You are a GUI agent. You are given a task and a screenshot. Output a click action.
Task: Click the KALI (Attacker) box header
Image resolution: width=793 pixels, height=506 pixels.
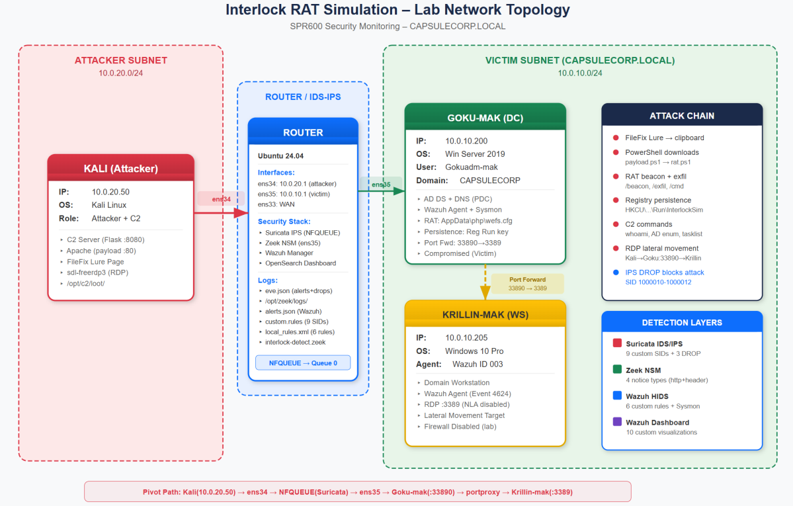(x=120, y=168)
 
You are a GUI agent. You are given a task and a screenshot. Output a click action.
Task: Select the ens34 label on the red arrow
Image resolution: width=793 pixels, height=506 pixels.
(x=220, y=198)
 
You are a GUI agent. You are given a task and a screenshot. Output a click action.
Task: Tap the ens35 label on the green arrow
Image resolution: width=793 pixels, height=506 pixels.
(x=380, y=184)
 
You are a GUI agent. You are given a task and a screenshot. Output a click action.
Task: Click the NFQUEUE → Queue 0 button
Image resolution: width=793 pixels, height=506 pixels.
(x=303, y=362)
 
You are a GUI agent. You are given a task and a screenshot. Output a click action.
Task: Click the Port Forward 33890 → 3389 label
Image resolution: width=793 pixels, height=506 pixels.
(x=527, y=284)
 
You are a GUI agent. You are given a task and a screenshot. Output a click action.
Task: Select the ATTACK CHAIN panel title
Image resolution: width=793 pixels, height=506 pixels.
(x=681, y=116)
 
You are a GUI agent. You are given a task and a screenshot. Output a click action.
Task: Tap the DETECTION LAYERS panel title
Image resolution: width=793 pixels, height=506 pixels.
(x=681, y=323)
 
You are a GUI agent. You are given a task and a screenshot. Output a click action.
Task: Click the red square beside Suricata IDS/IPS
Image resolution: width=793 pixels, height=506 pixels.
(x=617, y=343)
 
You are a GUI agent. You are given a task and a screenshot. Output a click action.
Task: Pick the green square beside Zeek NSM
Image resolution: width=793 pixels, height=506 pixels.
(x=617, y=370)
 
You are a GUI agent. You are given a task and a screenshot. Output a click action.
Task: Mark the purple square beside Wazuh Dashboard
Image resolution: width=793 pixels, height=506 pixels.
(x=617, y=422)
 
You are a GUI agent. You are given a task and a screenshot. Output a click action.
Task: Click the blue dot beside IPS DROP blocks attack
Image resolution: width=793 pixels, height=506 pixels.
(x=616, y=272)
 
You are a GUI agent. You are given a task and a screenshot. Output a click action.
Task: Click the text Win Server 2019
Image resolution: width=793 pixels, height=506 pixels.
(x=474, y=154)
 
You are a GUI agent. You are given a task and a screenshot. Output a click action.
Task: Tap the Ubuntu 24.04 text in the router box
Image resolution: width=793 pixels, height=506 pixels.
(x=280, y=156)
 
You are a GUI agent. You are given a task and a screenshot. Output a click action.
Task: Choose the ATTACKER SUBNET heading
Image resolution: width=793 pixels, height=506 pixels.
(x=120, y=60)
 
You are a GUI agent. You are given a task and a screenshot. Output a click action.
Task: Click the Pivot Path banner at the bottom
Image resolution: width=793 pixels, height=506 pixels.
(x=357, y=491)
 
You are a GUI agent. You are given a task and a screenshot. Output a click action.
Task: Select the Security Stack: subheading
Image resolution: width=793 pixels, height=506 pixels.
(x=284, y=221)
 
